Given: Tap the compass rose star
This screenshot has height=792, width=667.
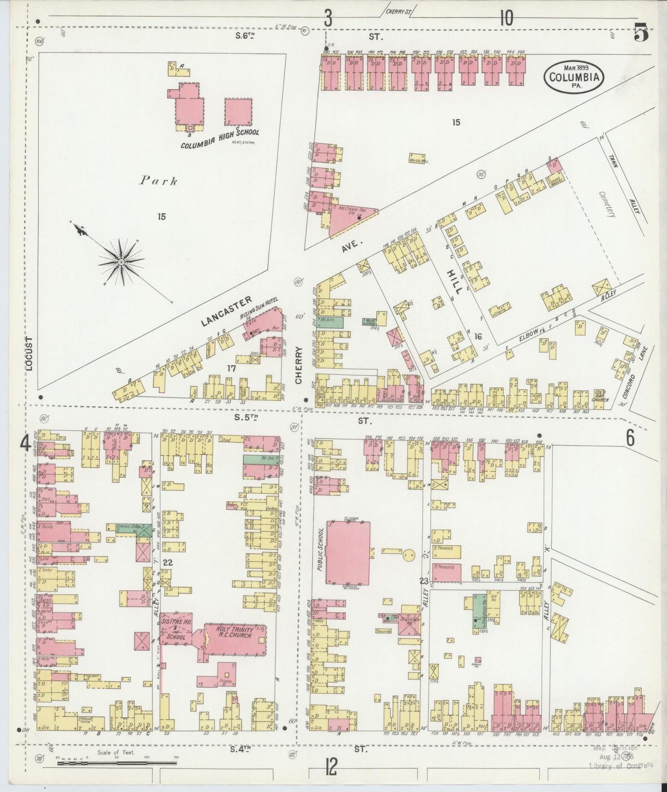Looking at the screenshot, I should [x=120, y=262].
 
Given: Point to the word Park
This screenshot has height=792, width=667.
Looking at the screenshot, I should [x=158, y=181].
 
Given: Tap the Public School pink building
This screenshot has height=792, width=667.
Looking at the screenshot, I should [x=349, y=552].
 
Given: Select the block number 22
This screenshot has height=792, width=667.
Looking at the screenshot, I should [x=167, y=562].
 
